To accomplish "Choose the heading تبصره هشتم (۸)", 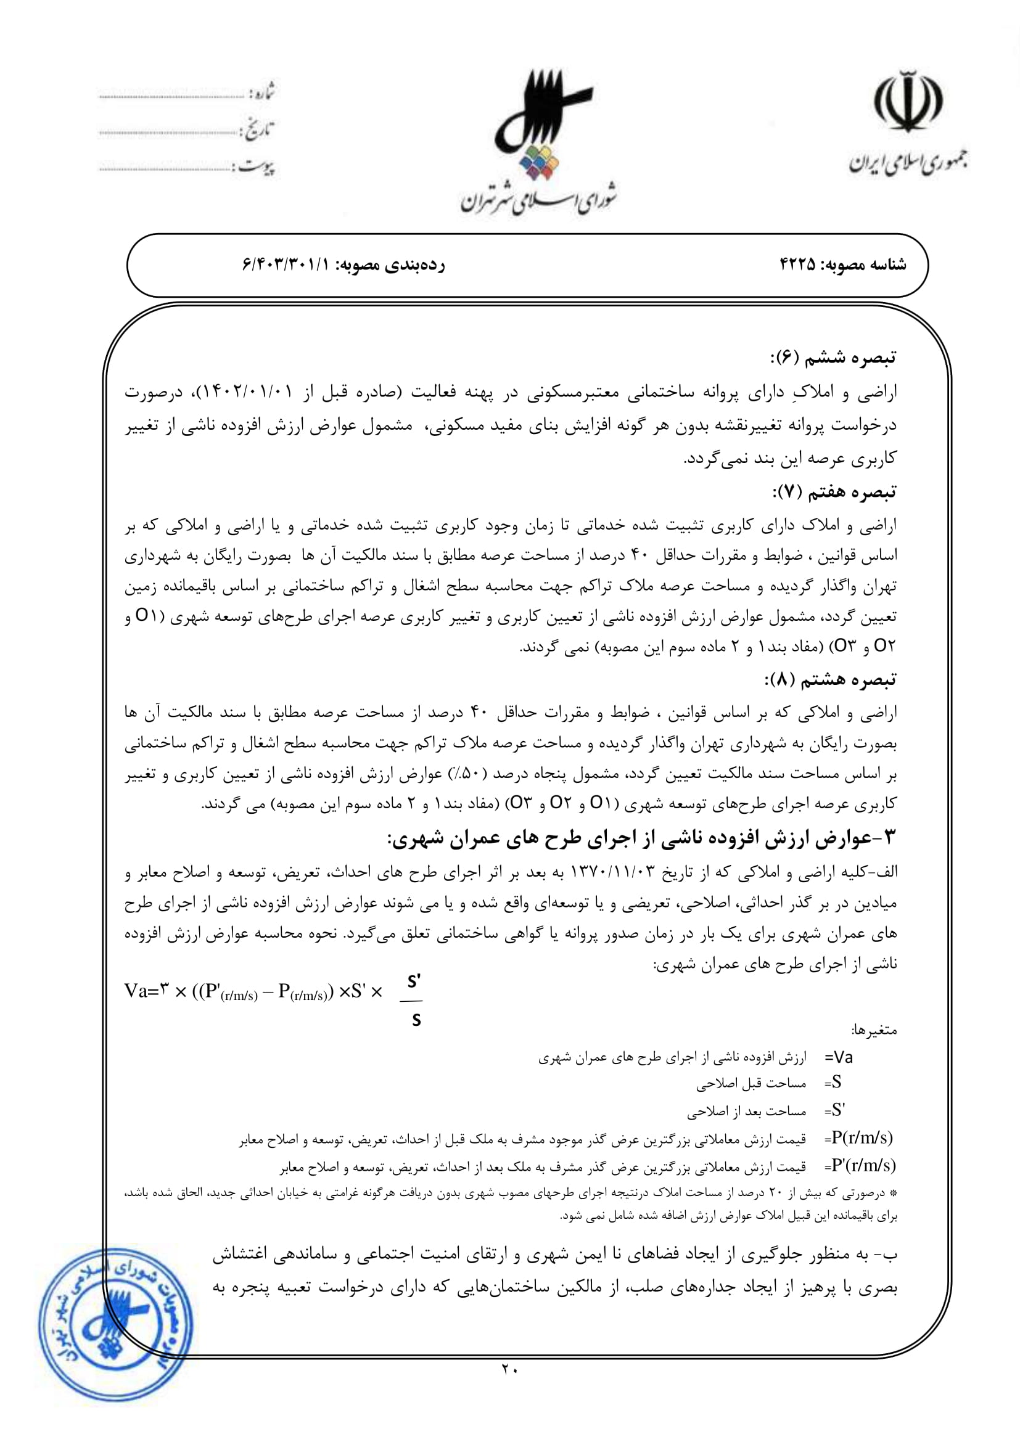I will click(x=830, y=679).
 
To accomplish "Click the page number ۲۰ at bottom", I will click(x=509, y=1369).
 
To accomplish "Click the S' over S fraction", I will click(x=413, y=1000).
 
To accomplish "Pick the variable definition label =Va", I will click(x=838, y=1058).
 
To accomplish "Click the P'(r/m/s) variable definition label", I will click(x=862, y=1166).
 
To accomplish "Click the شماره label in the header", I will click(x=262, y=92).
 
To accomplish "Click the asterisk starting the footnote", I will click(x=894, y=1193).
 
